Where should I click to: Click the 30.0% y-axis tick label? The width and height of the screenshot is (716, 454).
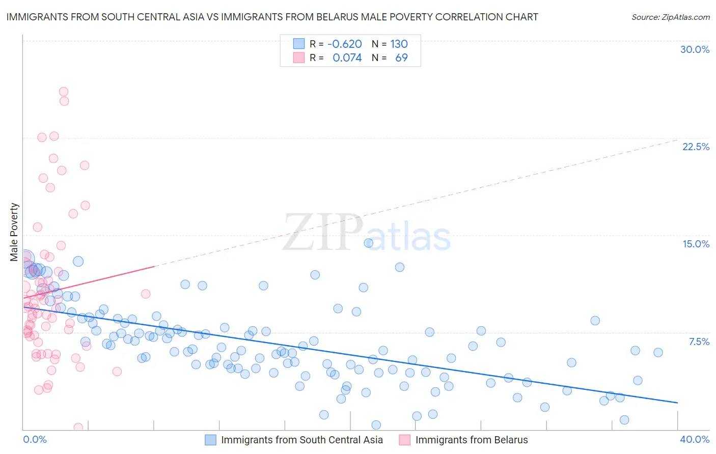point(695,50)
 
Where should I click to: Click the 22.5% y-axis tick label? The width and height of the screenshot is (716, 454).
point(696,147)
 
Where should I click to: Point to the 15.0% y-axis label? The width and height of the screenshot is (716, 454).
point(696,244)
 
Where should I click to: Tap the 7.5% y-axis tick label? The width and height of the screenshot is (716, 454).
point(699,342)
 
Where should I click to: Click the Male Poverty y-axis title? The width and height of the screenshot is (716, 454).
point(14,232)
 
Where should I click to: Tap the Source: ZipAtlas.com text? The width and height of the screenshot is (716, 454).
point(670,17)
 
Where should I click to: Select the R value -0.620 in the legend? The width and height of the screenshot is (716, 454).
point(344,44)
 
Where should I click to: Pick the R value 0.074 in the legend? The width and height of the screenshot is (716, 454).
point(347,58)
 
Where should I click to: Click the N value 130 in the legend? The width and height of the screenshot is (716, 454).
point(399,44)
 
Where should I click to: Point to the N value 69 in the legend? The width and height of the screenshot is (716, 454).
point(401,58)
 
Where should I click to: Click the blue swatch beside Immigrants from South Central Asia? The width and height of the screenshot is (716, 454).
point(210,440)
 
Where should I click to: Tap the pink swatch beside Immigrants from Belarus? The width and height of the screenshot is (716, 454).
point(404,440)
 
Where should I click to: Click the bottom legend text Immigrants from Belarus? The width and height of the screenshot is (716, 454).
point(471,440)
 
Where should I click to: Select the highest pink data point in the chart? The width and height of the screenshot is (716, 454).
point(64,92)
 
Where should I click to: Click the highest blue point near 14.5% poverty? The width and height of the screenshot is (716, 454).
point(368,243)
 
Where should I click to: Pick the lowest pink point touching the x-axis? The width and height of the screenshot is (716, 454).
point(78,428)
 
